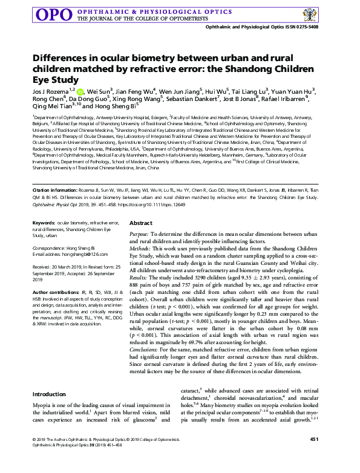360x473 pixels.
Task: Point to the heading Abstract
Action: tap(140, 223)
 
